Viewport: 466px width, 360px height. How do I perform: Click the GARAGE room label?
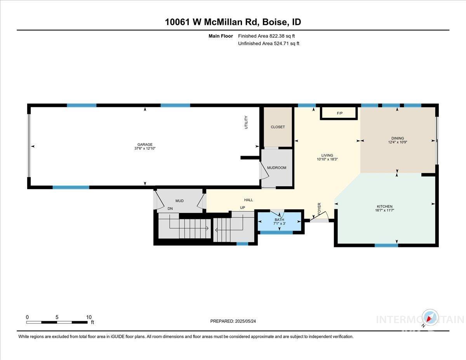144,144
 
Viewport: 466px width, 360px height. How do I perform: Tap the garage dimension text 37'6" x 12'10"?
144,149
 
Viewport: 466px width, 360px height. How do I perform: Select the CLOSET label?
278,127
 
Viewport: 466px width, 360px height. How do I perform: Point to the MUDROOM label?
276,168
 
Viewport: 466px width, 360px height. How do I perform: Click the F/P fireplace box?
339,113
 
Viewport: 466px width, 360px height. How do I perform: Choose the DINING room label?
398,138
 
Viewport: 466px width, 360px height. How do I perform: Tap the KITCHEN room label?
384,206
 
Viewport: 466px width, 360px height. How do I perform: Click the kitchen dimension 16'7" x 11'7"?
384,210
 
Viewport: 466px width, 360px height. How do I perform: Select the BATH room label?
279,220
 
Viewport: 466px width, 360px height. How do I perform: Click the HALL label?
249,200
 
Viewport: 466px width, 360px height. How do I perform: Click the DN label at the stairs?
170,209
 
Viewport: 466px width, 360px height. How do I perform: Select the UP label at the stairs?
242,208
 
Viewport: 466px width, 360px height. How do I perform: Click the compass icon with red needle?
431,318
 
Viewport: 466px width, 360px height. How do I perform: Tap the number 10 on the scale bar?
89,317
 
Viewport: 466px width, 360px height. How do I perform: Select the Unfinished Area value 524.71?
282,43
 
